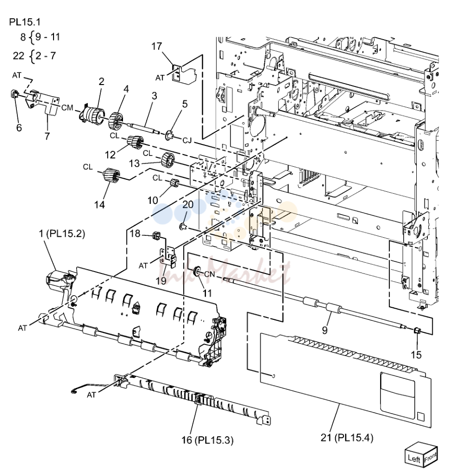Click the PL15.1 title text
25,22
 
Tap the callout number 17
156,46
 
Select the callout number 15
416,355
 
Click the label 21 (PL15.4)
346,437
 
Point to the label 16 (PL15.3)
207,440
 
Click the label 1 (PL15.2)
62,233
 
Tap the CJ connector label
187,141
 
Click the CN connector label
209,274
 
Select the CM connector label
67,108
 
